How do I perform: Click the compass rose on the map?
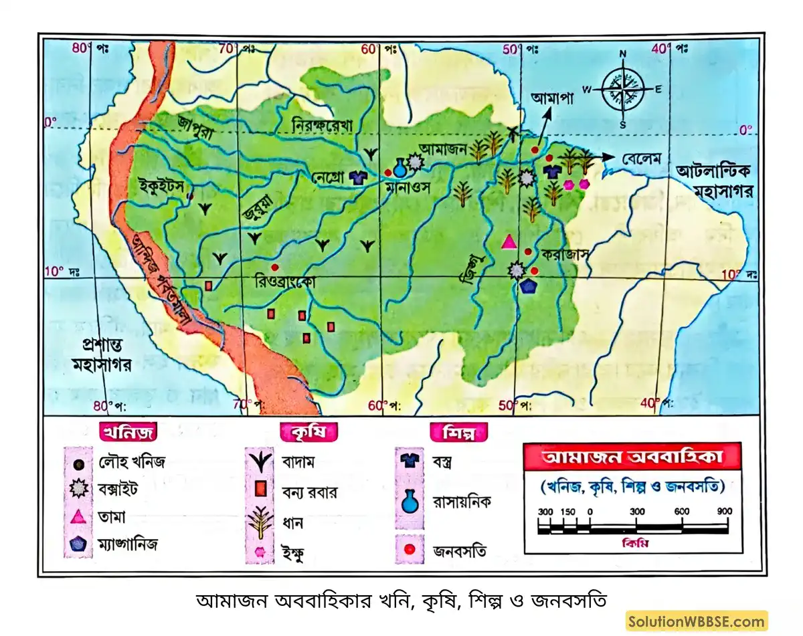pos(622,90)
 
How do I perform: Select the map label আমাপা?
pos(553,98)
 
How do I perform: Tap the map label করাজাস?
pos(565,255)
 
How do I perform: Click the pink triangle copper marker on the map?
pos(509,242)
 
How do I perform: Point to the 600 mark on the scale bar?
pos(681,512)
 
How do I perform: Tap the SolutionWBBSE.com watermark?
pos(696,621)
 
